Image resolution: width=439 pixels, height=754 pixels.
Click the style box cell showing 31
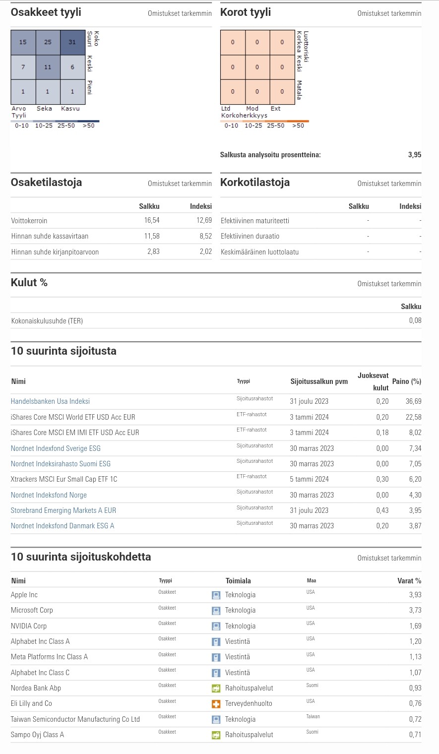pyautogui.click(x=72, y=42)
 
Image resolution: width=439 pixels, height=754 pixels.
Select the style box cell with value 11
pyautogui.click(x=48, y=67)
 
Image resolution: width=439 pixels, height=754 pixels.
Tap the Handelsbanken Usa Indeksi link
pyautogui.click(x=50, y=401)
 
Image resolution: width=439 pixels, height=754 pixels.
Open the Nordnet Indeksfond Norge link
pyautogui.click(x=49, y=495)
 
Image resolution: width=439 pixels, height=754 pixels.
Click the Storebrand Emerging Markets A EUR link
pyautogui.click(x=63, y=510)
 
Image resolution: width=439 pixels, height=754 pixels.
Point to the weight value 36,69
pyautogui.click(x=413, y=401)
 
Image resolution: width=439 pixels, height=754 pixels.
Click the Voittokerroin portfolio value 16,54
pyautogui.click(x=152, y=221)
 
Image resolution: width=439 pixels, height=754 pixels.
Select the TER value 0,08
pyautogui.click(x=415, y=321)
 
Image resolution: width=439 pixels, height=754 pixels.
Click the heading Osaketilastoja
pyautogui.click(x=47, y=183)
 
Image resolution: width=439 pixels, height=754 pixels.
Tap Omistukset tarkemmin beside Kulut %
pyautogui.click(x=389, y=284)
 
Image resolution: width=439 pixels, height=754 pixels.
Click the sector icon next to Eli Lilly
pyautogui.click(x=216, y=704)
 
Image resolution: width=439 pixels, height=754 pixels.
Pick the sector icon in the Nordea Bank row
pyautogui.click(x=216, y=689)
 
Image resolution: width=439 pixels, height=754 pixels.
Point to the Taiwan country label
pyautogui.click(x=313, y=717)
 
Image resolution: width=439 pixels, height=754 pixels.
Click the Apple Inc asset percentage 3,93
pyautogui.click(x=415, y=595)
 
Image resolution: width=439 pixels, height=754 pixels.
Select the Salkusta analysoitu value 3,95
pyautogui.click(x=415, y=155)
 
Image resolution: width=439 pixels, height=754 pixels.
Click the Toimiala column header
pyautogui.click(x=238, y=581)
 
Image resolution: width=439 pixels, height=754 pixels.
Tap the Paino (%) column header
pyautogui.click(x=406, y=381)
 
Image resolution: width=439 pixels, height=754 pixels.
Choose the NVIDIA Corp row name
pyautogui.click(x=29, y=626)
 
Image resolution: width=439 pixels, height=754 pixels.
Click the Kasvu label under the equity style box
pyautogui.click(x=70, y=109)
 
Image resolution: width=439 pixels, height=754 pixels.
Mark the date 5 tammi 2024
pyautogui.click(x=310, y=479)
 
